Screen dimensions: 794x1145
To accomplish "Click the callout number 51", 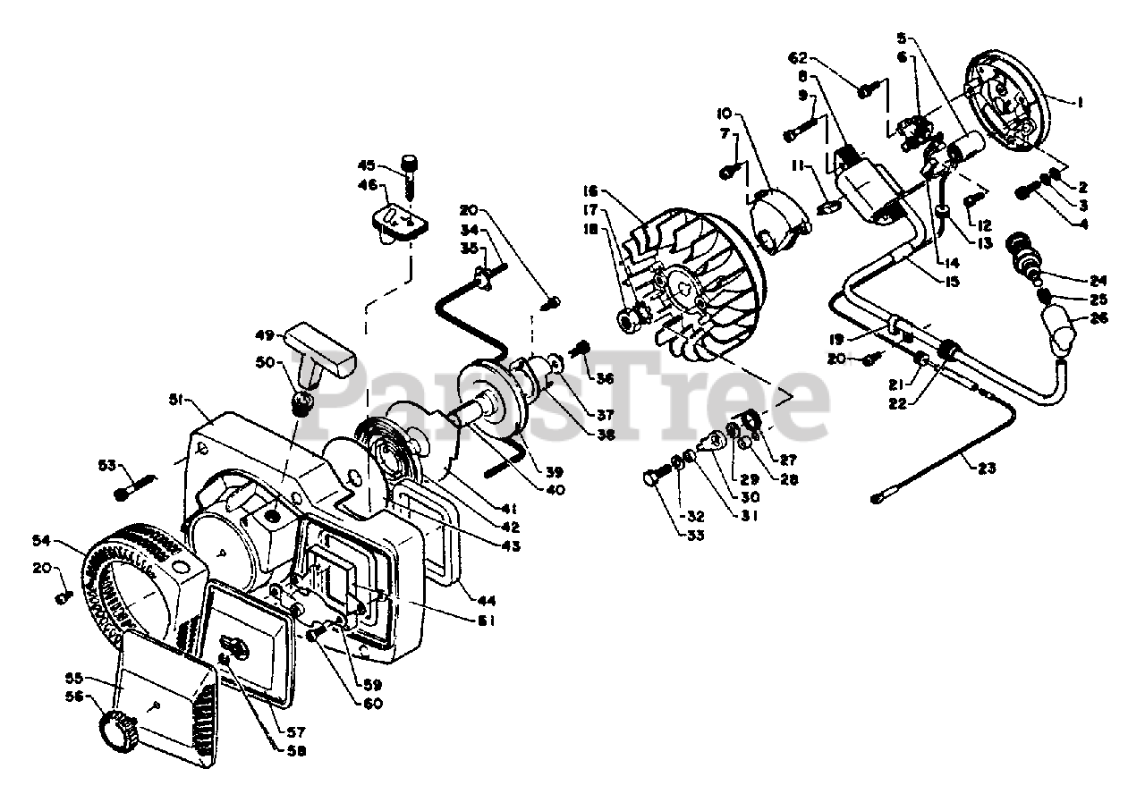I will coord(176,401).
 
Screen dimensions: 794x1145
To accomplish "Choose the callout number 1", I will coord(1080,102).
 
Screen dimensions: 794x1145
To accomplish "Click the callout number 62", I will coord(799,58).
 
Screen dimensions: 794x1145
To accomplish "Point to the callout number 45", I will coord(366,165).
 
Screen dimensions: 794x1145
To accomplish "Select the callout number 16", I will coord(588,191).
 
